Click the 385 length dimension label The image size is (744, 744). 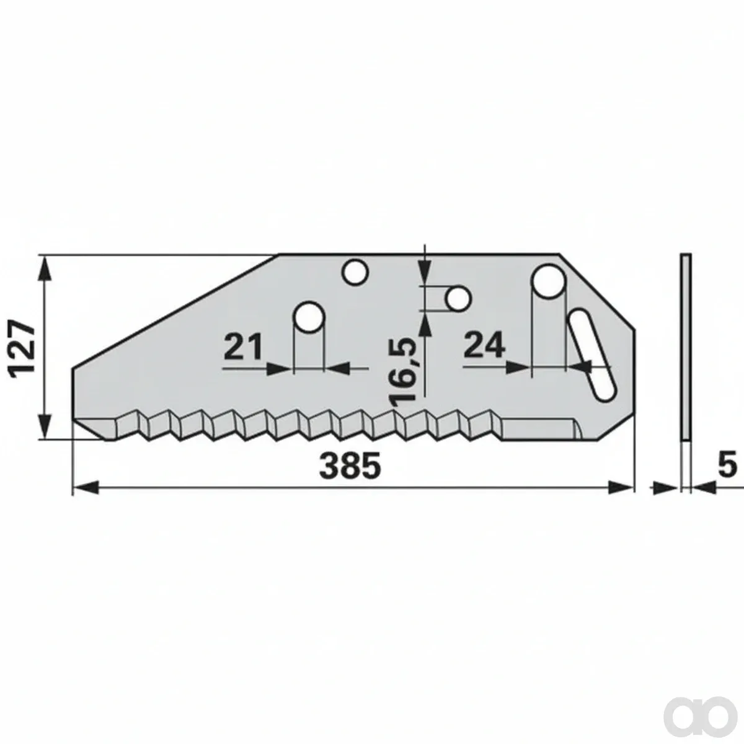[x=350, y=466]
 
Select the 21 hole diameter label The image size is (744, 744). [x=243, y=347]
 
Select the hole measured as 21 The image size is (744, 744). [x=309, y=317]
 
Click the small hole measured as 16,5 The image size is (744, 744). [x=458, y=298]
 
